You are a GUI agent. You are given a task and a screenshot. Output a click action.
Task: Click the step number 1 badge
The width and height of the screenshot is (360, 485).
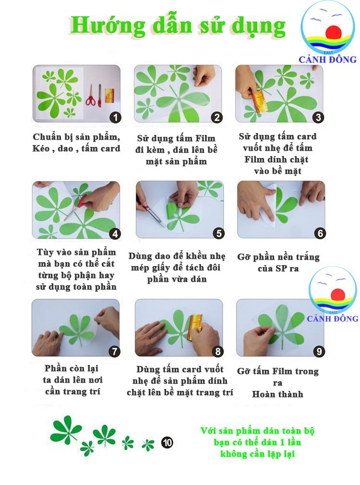click(116, 118)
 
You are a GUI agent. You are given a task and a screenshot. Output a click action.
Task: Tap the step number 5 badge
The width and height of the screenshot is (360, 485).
click(219, 233)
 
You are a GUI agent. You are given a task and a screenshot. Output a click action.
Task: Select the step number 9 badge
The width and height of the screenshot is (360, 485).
click(319, 352)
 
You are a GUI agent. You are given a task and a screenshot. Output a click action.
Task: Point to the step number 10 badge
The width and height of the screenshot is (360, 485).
click(168, 443)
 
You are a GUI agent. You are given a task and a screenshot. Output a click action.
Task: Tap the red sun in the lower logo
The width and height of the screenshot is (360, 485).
click(337, 294)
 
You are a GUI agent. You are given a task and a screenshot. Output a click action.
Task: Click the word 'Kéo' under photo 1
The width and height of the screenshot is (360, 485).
click(41, 148)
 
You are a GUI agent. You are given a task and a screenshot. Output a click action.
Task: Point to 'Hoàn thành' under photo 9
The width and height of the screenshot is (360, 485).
click(277, 394)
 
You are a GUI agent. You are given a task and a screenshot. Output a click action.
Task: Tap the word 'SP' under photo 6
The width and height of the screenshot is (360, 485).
click(281, 268)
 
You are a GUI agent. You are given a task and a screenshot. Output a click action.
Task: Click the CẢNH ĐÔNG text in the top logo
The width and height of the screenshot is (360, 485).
click(327, 59)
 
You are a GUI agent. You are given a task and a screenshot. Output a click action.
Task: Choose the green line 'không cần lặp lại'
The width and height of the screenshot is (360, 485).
click(257, 454)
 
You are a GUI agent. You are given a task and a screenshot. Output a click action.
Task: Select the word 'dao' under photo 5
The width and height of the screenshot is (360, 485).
click(168, 256)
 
